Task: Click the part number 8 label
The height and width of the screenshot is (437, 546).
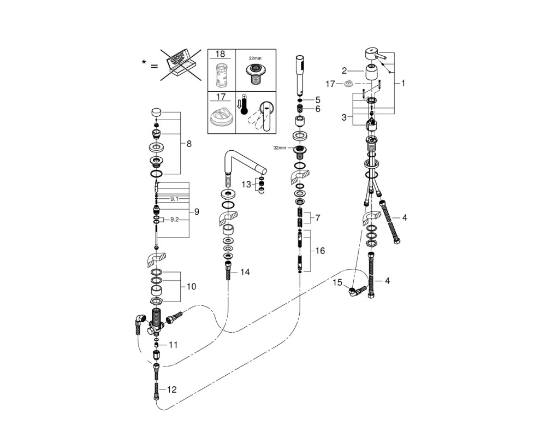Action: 189,144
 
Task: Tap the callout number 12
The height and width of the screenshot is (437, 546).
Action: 171,389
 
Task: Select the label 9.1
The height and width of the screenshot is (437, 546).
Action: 174,199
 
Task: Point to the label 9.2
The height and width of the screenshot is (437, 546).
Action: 175,220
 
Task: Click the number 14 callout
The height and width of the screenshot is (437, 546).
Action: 245,272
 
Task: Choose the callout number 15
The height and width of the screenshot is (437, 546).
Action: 337,282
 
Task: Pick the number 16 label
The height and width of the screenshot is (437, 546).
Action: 320,251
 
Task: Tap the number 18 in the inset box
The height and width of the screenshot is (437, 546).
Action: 220,54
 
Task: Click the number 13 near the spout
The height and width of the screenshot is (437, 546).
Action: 246,184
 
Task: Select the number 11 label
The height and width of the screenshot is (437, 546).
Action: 173,345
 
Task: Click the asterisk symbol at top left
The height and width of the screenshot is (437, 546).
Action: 144,62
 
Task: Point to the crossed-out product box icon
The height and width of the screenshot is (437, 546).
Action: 181,65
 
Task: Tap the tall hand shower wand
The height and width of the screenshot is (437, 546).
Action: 299,75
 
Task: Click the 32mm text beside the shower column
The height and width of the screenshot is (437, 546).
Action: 279,147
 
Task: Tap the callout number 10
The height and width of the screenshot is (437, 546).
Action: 191,287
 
